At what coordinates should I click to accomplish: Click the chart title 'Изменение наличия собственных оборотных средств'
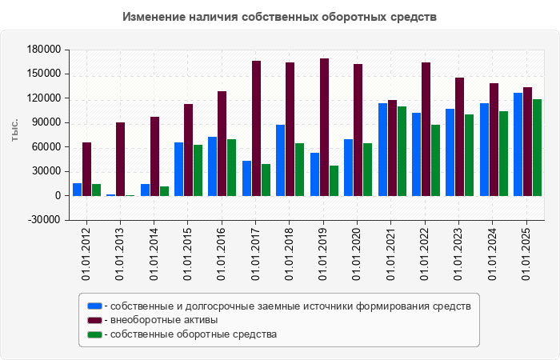click(281, 17)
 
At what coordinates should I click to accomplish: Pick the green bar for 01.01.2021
click(402, 151)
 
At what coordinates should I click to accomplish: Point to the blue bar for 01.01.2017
click(246, 178)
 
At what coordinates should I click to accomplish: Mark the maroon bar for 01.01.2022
click(426, 129)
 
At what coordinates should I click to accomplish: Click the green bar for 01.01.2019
click(334, 181)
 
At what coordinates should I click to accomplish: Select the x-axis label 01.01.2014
click(154, 253)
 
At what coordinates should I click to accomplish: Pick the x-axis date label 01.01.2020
click(358, 253)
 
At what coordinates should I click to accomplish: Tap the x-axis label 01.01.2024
click(494, 253)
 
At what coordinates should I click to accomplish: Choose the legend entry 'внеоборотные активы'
click(163, 320)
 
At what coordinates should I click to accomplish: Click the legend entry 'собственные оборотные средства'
click(193, 334)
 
